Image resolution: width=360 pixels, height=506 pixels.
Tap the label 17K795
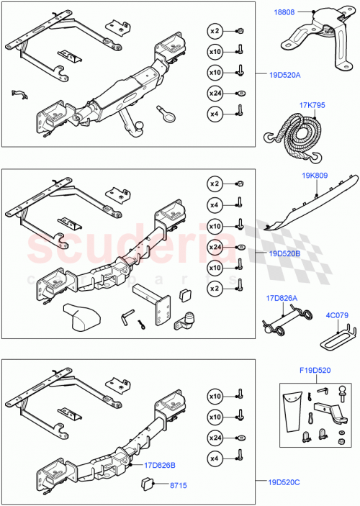click(x=312, y=105)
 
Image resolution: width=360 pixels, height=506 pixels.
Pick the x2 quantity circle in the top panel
click(x=215, y=31)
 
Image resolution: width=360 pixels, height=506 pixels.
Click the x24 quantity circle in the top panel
click(x=215, y=93)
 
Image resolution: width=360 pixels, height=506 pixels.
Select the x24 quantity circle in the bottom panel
click(x=215, y=437)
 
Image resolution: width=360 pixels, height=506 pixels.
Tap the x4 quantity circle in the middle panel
click(x=215, y=204)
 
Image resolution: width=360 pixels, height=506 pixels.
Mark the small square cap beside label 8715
click(x=150, y=482)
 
